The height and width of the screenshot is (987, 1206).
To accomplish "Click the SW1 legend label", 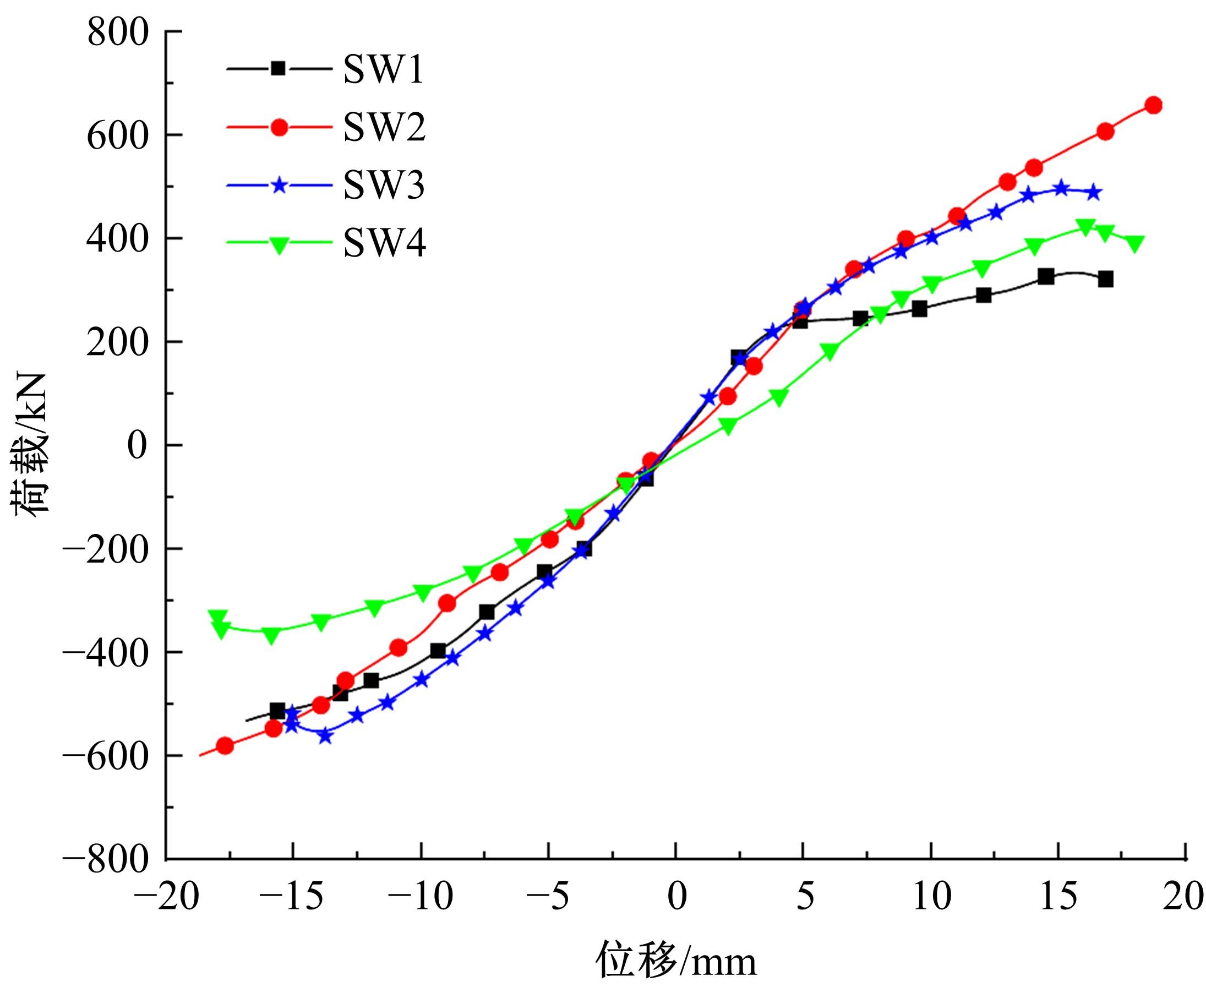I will [383, 70].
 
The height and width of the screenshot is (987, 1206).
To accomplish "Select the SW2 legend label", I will [384, 128].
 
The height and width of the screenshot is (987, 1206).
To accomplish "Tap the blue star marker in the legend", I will [279, 186].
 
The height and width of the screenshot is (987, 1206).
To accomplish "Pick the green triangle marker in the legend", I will [279, 244].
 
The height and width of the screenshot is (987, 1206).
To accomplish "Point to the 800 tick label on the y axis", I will [118, 32].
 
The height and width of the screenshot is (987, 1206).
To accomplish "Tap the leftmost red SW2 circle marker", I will [225, 745].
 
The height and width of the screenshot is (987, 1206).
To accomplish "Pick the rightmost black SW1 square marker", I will [1105, 279].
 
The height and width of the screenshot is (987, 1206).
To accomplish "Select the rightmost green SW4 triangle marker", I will [1134, 243].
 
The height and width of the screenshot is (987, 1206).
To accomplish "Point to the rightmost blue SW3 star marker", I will [1093, 193].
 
